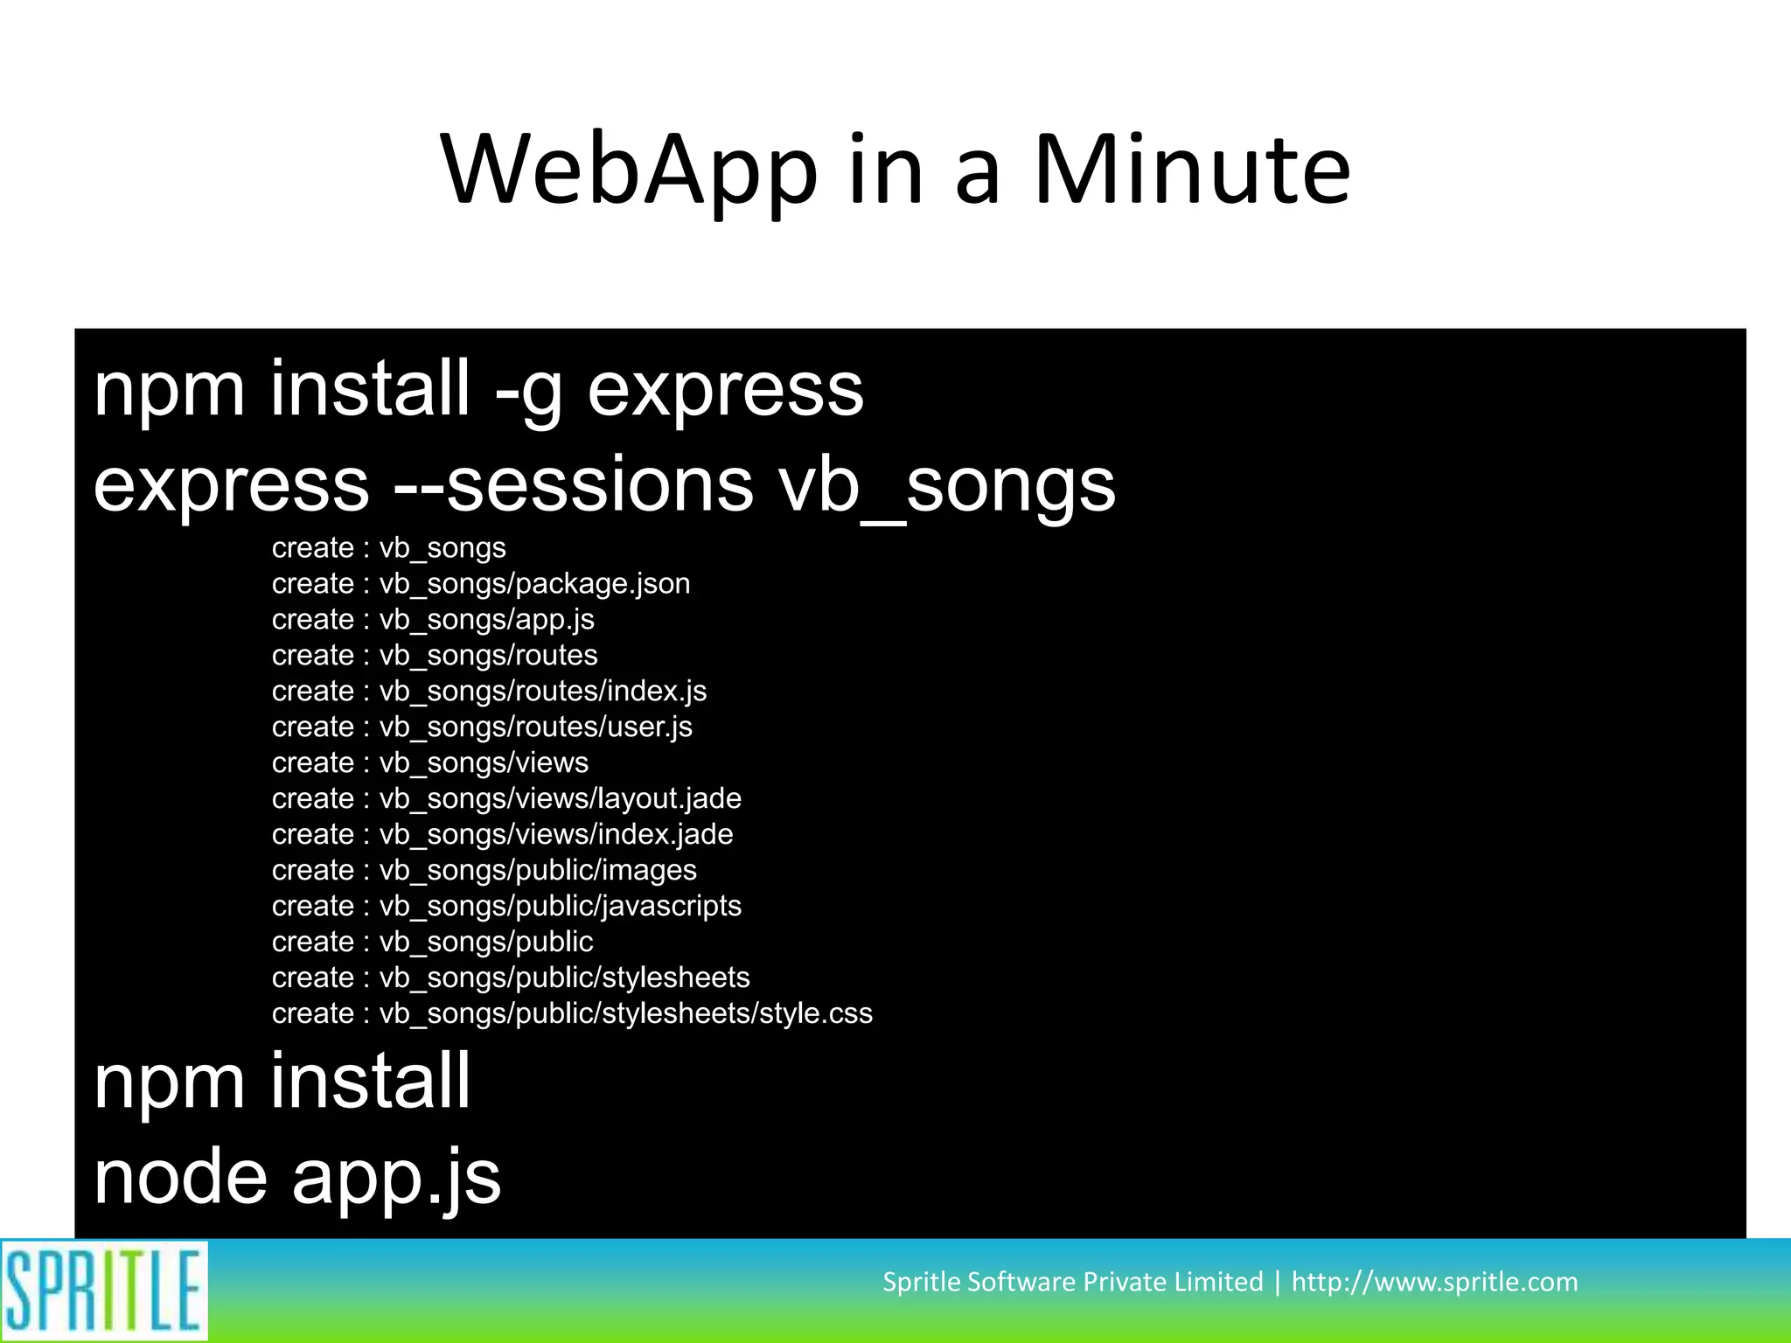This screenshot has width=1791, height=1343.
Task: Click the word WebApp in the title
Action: pyautogui.click(x=630, y=170)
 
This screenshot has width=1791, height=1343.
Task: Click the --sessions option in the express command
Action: pyautogui.click(x=573, y=485)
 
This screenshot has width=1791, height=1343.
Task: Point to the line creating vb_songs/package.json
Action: pyautogui.click(x=481, y=584)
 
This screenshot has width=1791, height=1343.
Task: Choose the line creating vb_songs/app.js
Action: pyautogui.click(x=433, y=620)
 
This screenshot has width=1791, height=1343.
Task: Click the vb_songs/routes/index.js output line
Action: pyautogui.click(x=489, y=692)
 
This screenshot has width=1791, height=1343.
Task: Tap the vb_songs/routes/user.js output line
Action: pyautogui.click(x=482, y=727)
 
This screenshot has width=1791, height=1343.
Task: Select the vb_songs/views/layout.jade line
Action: pyautogui.click(x=506, y=799)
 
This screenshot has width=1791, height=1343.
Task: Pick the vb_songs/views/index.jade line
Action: pyautogui.click(x=502, y=835)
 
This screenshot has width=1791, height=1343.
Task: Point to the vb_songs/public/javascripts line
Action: pyautogui.click(x=506, y=907)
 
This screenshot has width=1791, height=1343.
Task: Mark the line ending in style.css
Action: pyautogui.click(x=572, y=1014)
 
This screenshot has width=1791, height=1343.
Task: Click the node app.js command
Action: pyautogui.click(x=297, y=1179)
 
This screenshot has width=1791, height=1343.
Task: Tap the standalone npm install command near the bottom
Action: pyautogui.click(x=282, y=1082)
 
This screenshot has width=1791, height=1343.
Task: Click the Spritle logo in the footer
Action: pyautogui.click(x=104, y=1291)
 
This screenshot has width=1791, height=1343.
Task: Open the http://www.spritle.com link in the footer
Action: pyautogui.click(x=1434, y=1282)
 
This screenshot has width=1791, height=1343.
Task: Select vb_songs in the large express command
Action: pyautogui.click(x=947, y=485)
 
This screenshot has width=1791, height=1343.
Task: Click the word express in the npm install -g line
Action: pyautogui.click(x=725, y=390)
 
